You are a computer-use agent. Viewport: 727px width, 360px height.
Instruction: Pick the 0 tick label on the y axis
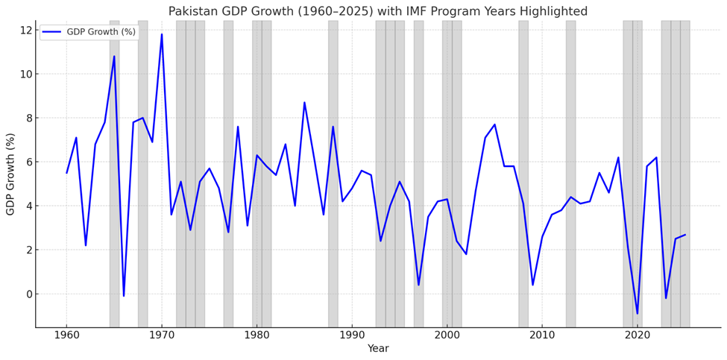pos(28,294)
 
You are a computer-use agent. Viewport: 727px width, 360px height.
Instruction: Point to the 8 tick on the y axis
pos(28,118)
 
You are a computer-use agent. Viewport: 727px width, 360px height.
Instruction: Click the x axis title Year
pos(378,349)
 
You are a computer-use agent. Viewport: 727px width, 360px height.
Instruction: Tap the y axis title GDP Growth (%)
pos(10,174)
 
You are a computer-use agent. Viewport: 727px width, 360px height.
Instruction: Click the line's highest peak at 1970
pos(162,34)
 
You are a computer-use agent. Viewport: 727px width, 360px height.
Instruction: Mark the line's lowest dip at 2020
pos(638,313)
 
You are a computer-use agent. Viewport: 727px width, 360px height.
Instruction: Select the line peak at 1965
pos(114,57)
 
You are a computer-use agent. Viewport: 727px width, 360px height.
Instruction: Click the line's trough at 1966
pos(124,296)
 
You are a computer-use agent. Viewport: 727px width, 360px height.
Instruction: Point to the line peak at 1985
pos(304,103)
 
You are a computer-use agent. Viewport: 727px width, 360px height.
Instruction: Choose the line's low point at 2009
pos(532,285)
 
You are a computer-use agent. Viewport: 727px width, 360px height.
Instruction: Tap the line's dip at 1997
pos(418,285)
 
